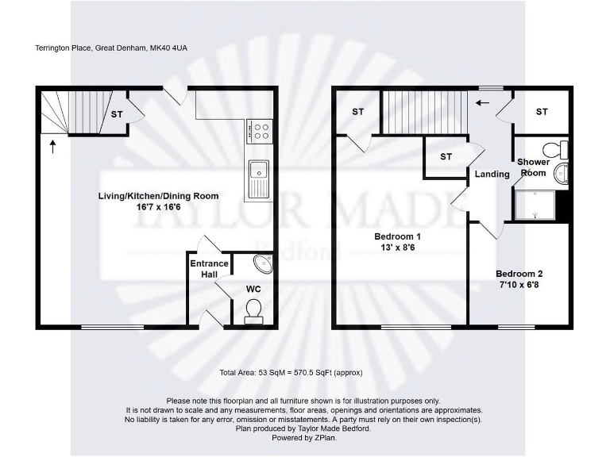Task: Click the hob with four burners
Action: tap(260, 129)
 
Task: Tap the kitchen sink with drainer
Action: tap(258, 178)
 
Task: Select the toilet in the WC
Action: tap(254, 309)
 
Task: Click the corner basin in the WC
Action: tap(261, 263)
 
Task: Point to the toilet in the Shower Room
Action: tap(556, 149)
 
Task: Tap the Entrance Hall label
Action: tap(209, 269)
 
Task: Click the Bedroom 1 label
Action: tap(397, 236)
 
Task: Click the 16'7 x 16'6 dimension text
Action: tap(158, 206)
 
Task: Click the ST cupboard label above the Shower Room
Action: tap(542, 112)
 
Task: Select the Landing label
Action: tap(492, 175)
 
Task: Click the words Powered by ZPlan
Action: tap(304, 437)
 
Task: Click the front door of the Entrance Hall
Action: tap(210, 319)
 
